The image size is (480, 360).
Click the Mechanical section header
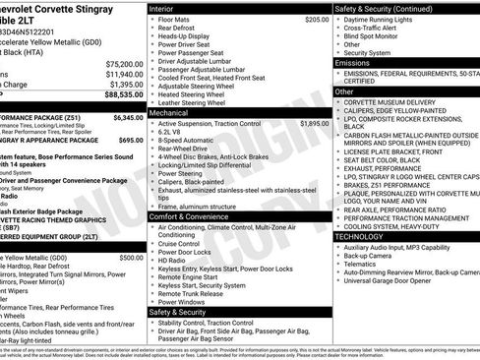[169, 113]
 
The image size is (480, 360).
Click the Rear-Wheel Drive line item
[184, 150]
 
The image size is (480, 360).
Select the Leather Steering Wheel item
[197, 102]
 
